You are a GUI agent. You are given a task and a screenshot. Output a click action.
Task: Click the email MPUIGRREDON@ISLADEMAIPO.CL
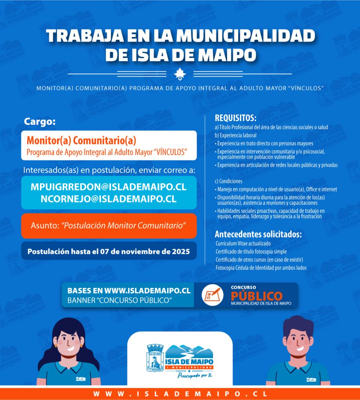[x=108, y=187]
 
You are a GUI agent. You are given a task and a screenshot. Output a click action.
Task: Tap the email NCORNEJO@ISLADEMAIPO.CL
[x=108, y=198]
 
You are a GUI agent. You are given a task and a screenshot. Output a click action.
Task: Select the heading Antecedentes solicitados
[x=258, y=234]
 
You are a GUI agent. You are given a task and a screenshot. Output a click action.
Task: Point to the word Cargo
[x=40, y=121]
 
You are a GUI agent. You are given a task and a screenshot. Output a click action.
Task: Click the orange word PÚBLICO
[x=256, y=295]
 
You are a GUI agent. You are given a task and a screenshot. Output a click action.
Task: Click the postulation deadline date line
[x=109, y=252]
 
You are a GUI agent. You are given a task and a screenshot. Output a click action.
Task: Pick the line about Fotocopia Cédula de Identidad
[x=261, y=268]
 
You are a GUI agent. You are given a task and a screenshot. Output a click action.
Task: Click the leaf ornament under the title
[x=180, y=73]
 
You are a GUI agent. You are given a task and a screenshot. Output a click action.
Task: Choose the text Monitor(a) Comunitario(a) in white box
[x=81, y=140]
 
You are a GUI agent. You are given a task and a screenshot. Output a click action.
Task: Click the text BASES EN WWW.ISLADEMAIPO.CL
[x=129, y=291]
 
